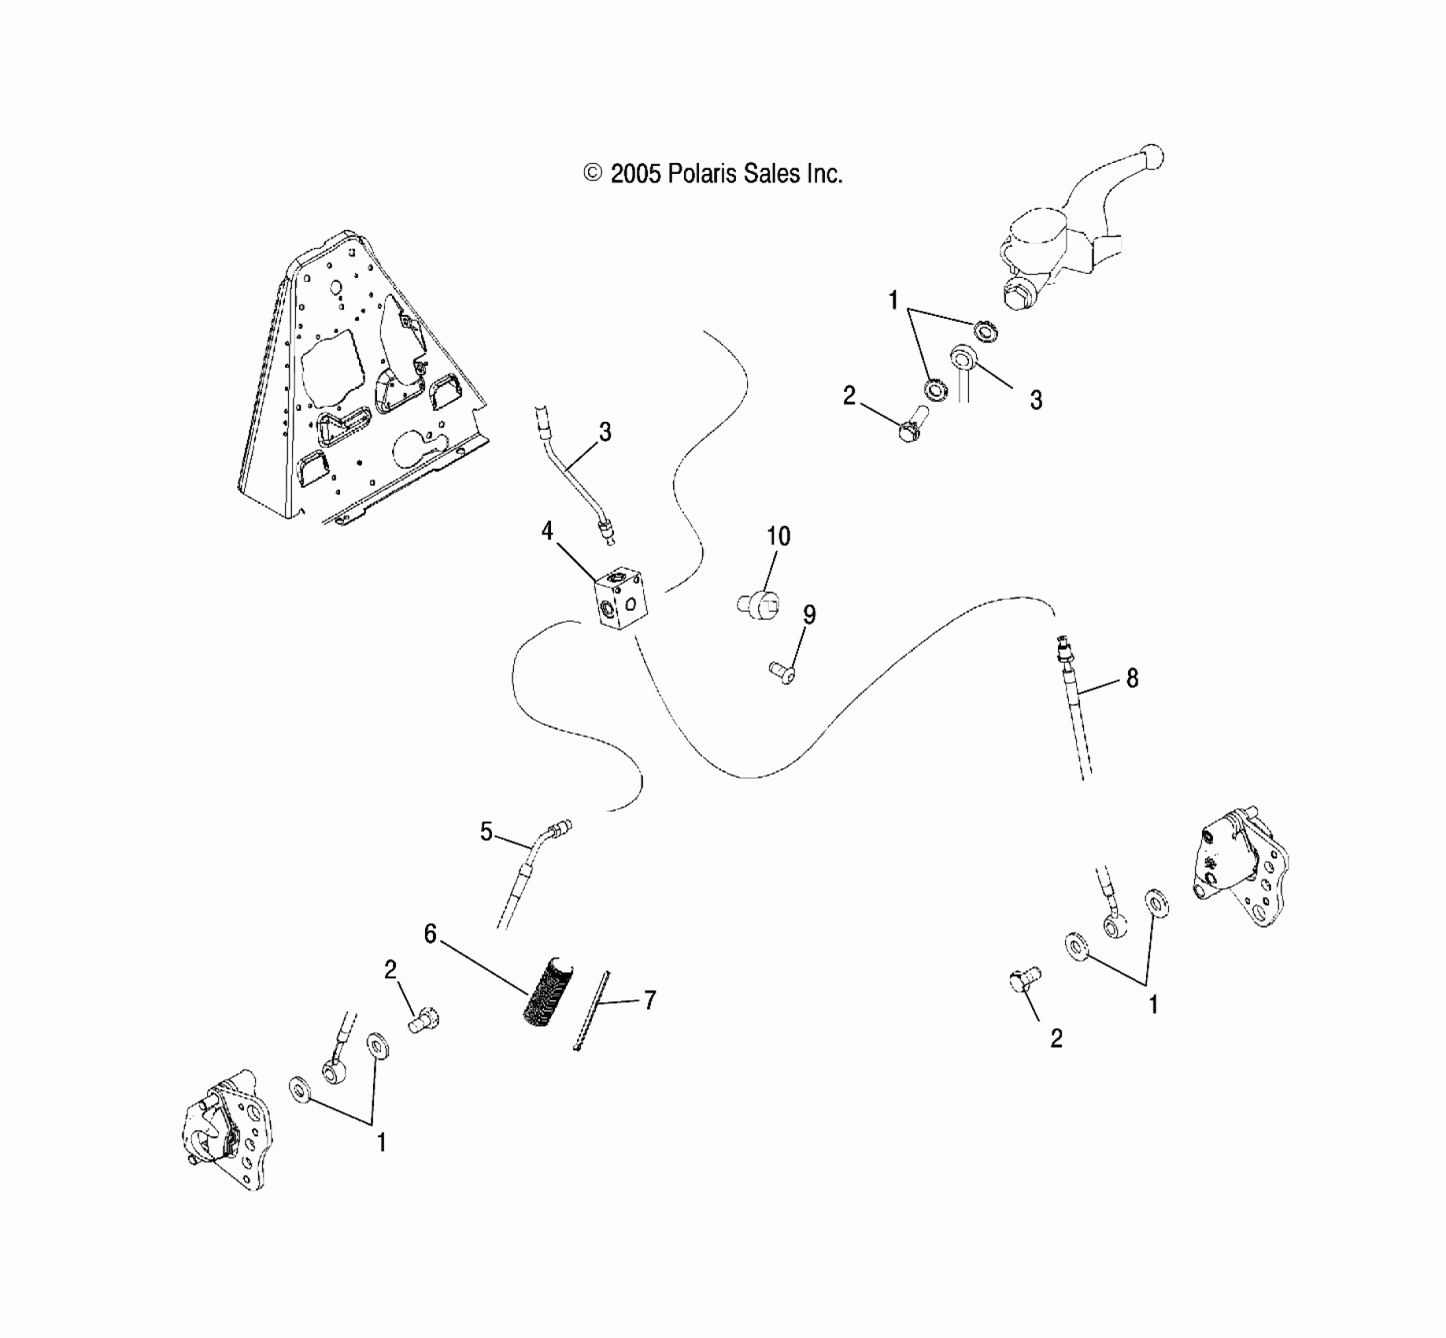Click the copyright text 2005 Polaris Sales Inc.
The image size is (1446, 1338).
[712, 173]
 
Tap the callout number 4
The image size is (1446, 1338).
[548, 532]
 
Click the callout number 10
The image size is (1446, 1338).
[778, 537]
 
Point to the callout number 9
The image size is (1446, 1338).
[808, 615]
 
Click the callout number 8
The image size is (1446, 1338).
[1132, 678]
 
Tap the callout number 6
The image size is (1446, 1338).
[430, 934]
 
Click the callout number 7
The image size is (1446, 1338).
[649, 1001]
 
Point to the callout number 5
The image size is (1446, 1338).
[486, 831]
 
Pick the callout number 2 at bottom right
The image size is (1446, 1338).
[1056, 1039]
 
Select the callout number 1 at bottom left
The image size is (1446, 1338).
[382, 1142]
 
